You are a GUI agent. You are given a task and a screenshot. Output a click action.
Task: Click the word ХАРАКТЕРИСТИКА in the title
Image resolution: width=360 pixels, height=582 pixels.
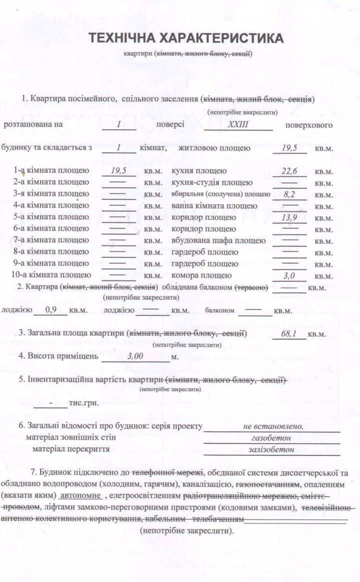221,39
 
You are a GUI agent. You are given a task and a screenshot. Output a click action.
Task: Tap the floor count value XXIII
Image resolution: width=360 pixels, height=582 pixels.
238,125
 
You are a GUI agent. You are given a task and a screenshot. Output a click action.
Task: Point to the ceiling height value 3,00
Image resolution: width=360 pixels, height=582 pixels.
135,356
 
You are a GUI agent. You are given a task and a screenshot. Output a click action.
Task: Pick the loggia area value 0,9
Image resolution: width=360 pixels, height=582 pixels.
51,310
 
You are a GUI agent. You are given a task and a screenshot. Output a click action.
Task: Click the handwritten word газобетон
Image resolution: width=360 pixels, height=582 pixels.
271,438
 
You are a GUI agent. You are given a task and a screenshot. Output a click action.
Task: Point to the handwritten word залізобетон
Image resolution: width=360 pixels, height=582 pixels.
271,449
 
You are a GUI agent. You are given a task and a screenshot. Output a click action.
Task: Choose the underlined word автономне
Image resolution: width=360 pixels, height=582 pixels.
80,495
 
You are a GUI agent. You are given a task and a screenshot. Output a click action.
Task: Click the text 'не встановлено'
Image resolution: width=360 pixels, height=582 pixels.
273,426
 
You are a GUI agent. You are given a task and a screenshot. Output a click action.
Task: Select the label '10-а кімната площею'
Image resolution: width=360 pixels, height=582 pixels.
51,275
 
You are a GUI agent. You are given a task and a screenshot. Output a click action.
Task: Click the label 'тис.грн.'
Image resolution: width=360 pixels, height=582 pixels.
84,402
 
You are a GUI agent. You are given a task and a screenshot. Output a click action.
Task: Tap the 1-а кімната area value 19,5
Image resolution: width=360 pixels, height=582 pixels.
118,171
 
